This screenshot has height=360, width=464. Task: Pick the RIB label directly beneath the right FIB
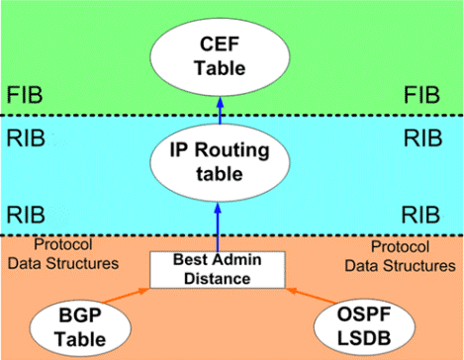coord(426,137)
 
